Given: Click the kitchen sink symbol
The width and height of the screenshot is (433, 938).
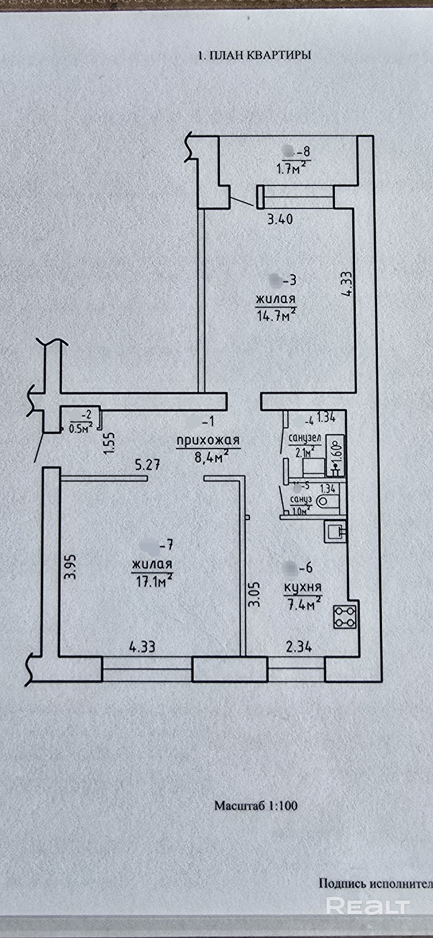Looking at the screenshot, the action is pyautogui.click(x=334, y=532).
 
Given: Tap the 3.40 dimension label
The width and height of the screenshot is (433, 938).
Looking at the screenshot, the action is pyautogui.click(x=280, y=219).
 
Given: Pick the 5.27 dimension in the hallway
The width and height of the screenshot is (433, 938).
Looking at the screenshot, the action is pyautogui.click(x=147, y=465).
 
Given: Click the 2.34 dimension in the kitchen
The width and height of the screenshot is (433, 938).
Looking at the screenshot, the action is pyautogui.click(x=299, y=646).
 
